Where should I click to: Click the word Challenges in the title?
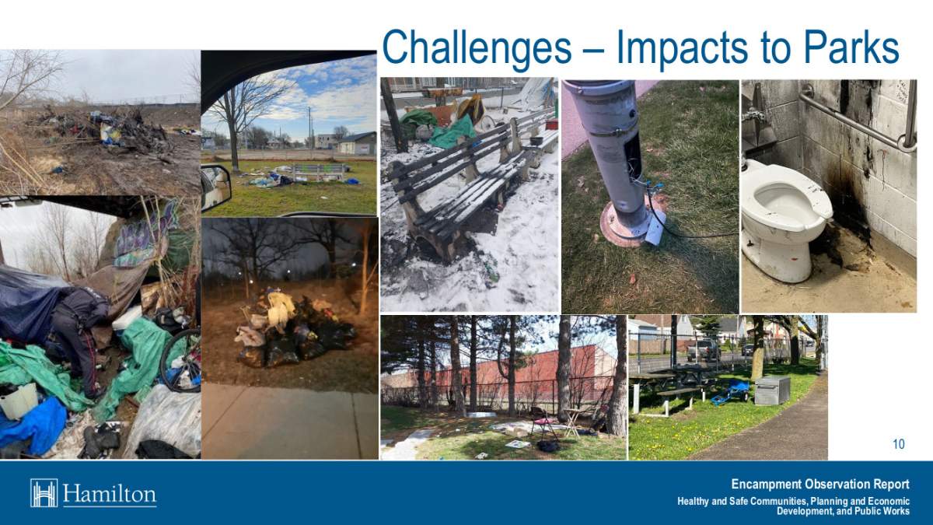(476, 48)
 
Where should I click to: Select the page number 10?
(898, 445)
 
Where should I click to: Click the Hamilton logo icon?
(44, 493)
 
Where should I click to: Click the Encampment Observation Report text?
(820, 485)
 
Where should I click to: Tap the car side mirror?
(215, 187)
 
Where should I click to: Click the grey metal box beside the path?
(772, 390)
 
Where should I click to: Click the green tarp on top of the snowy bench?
(453, 129)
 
